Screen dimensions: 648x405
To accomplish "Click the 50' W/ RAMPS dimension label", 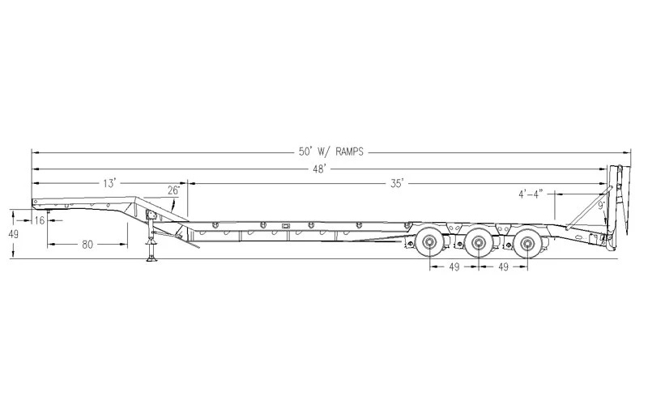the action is (331, 151).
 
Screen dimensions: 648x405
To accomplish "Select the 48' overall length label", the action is (319, 169).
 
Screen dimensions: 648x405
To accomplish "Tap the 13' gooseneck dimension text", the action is (110, 183).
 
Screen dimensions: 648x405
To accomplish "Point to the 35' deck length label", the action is (396, 183).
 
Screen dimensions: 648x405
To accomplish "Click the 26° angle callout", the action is (173, 190).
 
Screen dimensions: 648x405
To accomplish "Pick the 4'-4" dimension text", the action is (531, 194).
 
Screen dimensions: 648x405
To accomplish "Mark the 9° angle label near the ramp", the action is (601, 206).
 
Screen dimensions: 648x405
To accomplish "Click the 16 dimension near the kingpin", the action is (39, 220).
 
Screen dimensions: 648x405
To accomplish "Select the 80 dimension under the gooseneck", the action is (87, 245).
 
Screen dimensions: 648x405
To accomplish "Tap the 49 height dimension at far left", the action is (14, 234).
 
